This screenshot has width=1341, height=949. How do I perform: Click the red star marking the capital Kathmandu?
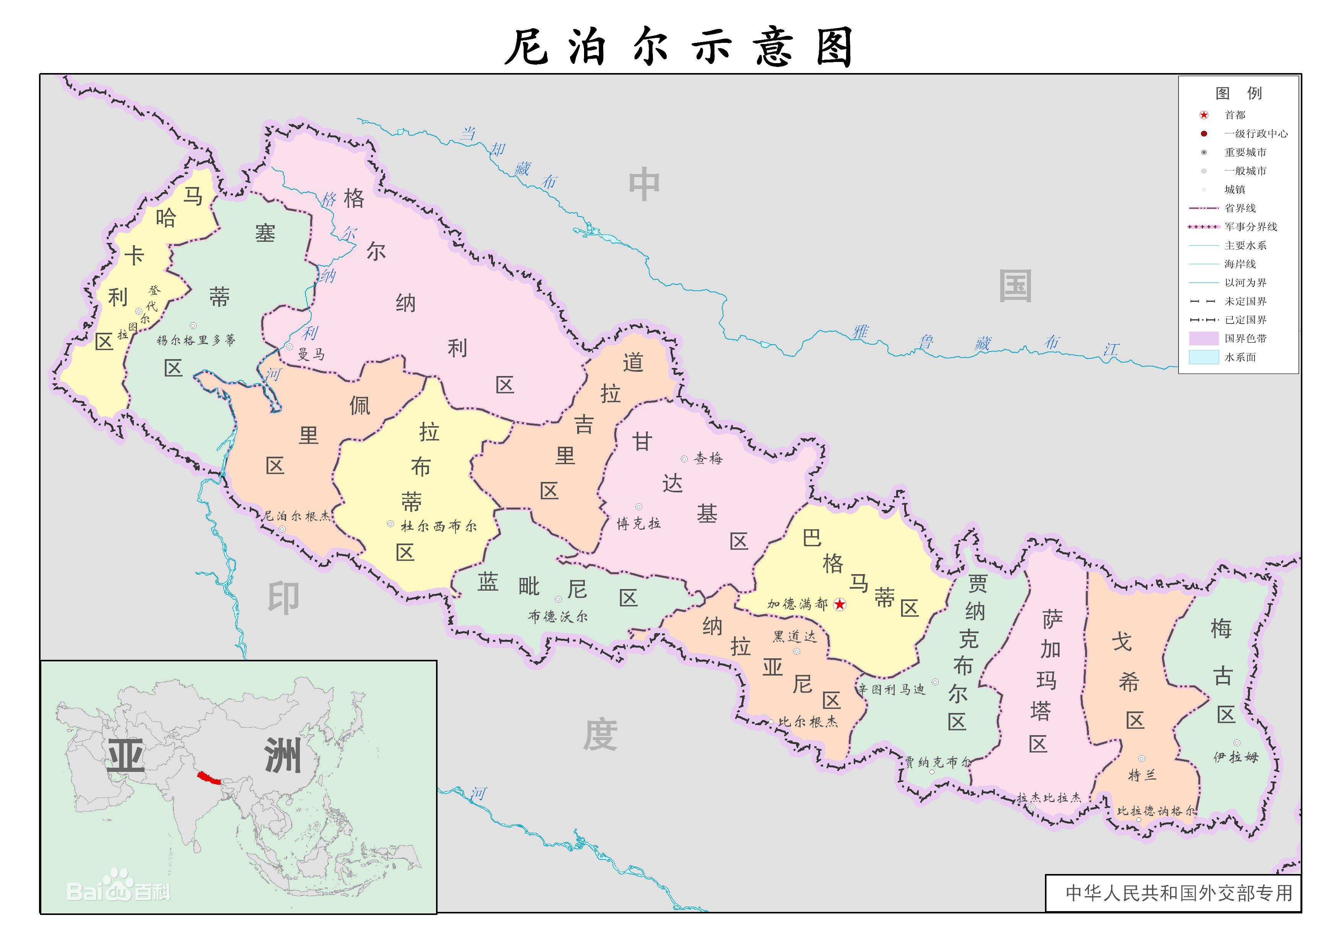(x=840, y=604)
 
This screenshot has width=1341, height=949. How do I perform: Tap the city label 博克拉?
(x=639, y=523)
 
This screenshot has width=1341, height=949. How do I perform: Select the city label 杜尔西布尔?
(x=438, y=526)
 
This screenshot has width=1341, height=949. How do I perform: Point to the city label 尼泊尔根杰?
(x=296, y=516)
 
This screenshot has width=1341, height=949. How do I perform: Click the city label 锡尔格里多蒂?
(x=196, y=340)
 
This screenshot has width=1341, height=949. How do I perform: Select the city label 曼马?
(x=311, y=353)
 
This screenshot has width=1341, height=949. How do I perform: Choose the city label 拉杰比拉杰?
(x=1049, y=798)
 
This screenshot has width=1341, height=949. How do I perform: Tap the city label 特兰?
(x=1142, y=775)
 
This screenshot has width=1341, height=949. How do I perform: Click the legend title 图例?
(x=1238, y=93)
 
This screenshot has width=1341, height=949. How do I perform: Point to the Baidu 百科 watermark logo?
(x=119, y=890)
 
